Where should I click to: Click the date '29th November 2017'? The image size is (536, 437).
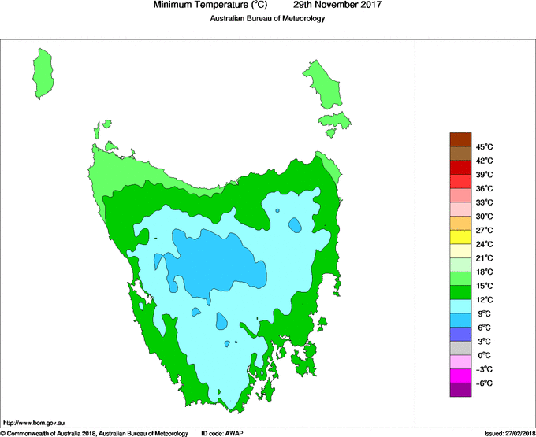pyautogui.click(x=343, y=6)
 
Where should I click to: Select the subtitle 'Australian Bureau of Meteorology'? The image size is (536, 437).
pyautogui.click(x=267, y=19)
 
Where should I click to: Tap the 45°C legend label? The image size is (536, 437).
pyautogui.click(x=484, y=146)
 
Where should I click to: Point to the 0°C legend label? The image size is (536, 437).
pyautogui.click(x=484, y=356)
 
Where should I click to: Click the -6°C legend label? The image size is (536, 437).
pyautogui.click(x=484, y=383)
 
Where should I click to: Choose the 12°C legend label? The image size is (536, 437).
pyautogui.click(x=484, y=300)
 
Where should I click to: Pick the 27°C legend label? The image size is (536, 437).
pyautogui.click(x=484, y=230)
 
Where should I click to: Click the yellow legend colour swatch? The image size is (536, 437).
pyautogui.click(x=460, y=237)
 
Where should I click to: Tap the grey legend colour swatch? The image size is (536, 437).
pyautogui.click(x=460, y=348)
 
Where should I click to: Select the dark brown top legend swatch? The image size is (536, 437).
pyautogui.click(x=460, y=139)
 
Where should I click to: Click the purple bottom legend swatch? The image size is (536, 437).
pyautogui.click(x=460, y=390)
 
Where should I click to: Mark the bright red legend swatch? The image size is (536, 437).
pyautogui.click(x=460, y=167)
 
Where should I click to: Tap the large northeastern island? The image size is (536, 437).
pyautogui.click(x=322, y=84)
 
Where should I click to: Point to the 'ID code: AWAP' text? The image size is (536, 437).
pyautogui.click(x=226, y=433)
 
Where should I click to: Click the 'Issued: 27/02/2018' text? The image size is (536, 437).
pyautogui.click(x=508, y=433)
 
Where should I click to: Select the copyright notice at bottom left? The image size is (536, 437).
pyautogui.click(x=94, y=433)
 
